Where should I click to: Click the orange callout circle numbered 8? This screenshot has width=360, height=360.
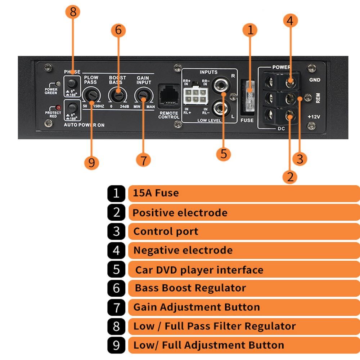point(73,12)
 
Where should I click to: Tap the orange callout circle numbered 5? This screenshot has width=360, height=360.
point(224,154)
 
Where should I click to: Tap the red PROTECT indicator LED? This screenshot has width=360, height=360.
point(56,108)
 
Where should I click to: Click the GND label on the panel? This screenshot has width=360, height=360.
point(315,80)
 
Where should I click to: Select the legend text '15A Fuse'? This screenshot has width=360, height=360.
point(156,193)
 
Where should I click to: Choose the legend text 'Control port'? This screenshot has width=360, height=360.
point(166,231)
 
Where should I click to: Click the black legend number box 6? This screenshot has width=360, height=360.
point(116,288)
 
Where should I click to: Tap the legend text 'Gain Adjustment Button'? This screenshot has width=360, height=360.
point(197,307)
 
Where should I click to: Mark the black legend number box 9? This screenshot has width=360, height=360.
point(116,345)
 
